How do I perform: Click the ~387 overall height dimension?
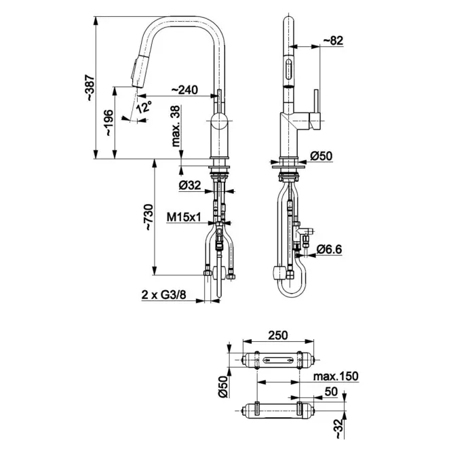click(x=90, y=87)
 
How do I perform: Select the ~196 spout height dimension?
click(x=109, y=123)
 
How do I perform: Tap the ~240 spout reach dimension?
click(x=184, y=90)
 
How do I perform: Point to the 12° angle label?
click(x=144, y=107)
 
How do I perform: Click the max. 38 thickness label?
click(x=176, y=126)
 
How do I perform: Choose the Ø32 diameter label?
click(x=190, y=185)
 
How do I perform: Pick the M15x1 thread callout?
click(x=184, y=218)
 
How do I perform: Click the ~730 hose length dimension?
click(x=149, y=217)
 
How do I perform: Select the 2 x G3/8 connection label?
click(x=163, y=295)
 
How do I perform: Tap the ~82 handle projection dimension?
click(x=334, y=41)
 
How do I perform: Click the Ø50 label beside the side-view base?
click(x=321, y=156)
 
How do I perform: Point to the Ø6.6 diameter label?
click(x=330, y=250)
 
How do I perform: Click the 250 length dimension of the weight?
click(x=278, y=336)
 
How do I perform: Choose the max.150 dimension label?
click(x=336, y=376)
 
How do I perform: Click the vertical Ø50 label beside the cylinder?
click(x=223, y=387)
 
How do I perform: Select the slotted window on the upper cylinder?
click(x=279, y=359)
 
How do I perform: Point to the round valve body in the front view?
click(x=219, y=121)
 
